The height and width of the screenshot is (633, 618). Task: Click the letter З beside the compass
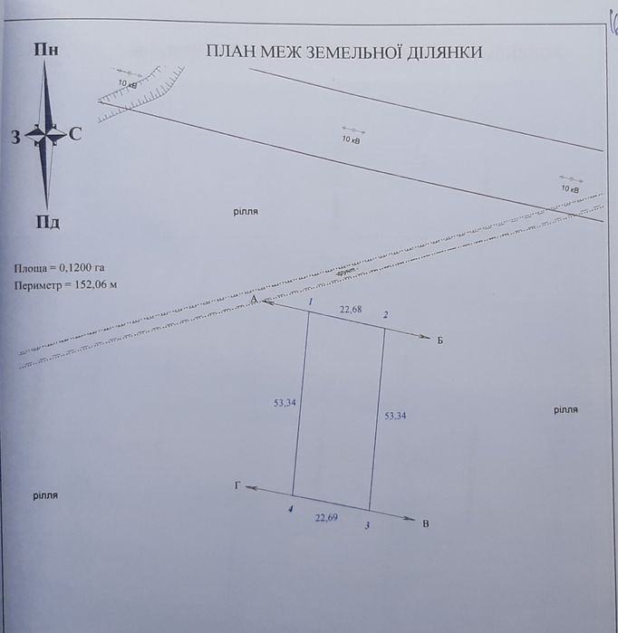point(16,137)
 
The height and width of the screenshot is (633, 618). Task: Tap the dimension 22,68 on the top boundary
point(352,310)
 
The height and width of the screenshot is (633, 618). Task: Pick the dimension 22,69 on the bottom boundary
point(327,518)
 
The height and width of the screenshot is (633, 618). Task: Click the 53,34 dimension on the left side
point(285,402)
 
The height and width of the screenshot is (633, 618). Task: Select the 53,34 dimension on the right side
point(395,416)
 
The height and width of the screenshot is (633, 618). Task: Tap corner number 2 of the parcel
point(386,314)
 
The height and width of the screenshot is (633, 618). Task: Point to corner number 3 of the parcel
point(366,525)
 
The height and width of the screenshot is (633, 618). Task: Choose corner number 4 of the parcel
point(290,511)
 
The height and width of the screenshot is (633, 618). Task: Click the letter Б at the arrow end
point(439,341)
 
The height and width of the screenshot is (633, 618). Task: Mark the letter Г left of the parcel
point(238,486)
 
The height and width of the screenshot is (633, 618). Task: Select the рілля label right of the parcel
point(565,410)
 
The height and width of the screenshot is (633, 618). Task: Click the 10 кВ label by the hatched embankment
point(128,84)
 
